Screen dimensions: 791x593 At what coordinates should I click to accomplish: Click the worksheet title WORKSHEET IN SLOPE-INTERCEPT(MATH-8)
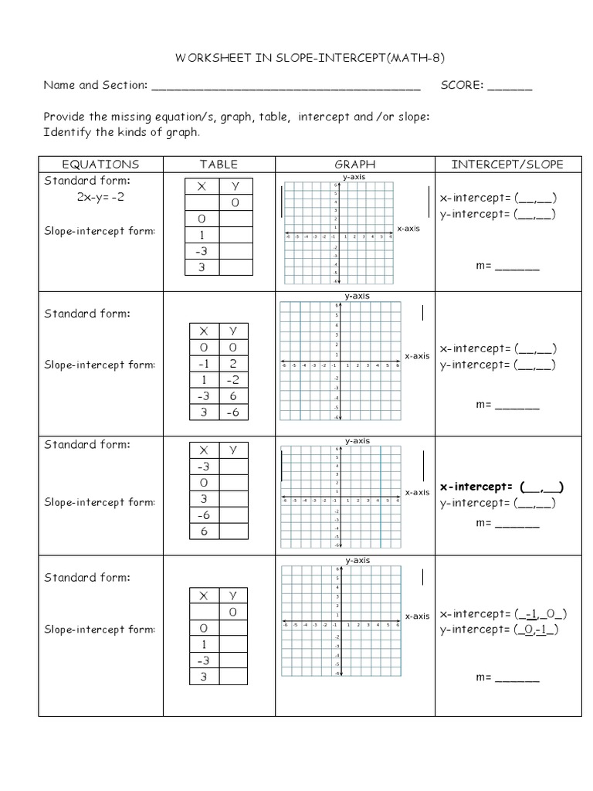click(x=300, y=58)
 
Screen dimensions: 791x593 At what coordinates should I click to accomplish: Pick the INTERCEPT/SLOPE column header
click(x=507, y=164)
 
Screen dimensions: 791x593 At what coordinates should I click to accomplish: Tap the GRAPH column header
click(x=354, y=164)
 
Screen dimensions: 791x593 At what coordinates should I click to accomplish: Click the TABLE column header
click(x=219, y=164)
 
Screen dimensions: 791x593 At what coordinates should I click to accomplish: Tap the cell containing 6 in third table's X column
click(x=204, y=532)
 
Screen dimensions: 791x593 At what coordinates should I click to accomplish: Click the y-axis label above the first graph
click(x=354, y=177)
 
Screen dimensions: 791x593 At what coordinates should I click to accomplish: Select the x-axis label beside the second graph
click(x=417, y=356)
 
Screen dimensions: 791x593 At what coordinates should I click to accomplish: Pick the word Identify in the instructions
click(x=66, y=132)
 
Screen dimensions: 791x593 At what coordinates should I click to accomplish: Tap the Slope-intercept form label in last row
click(x=100, y=630)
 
